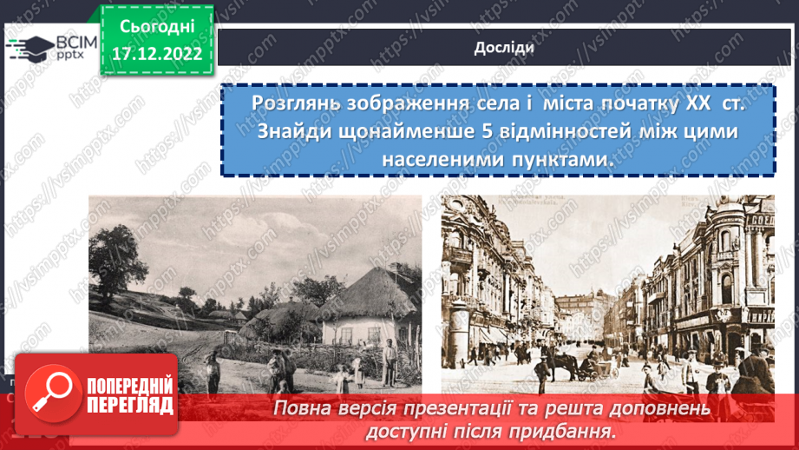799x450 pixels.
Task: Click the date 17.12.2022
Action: click(156, 53)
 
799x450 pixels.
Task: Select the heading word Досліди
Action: click(504, 47)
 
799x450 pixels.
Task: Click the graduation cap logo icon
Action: click(30, 48)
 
